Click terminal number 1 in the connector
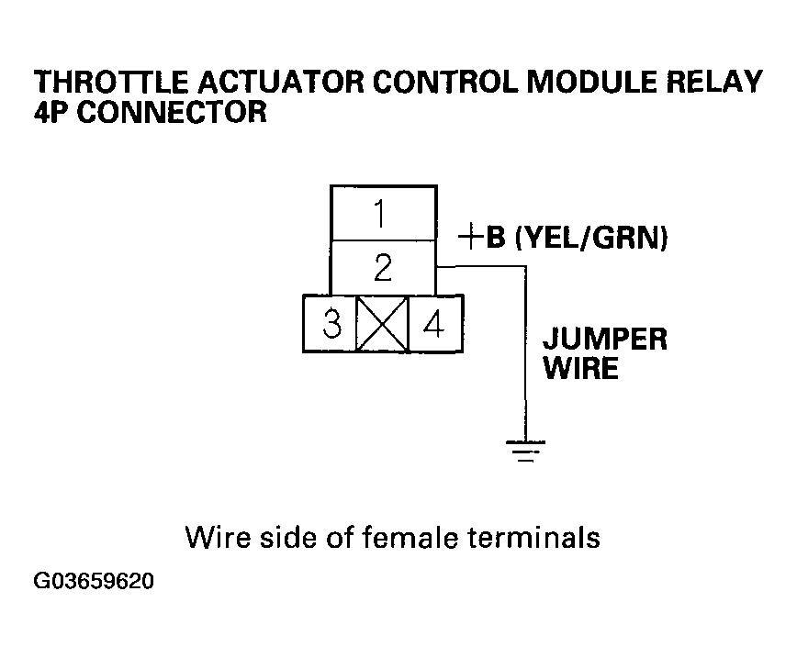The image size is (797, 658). tap(383, 214)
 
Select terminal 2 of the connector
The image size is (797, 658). tap(383, 268)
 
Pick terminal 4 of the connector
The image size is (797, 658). tap(433, 325)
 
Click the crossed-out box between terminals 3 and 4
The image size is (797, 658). tap(383, 325)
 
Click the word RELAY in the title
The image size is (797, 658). tap(713, 83)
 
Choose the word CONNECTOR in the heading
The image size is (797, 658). tap(174, 113)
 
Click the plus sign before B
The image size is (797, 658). tap(470, 239)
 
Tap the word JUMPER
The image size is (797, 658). tap(604, 339)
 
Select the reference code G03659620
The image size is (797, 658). tap(93, 583)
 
